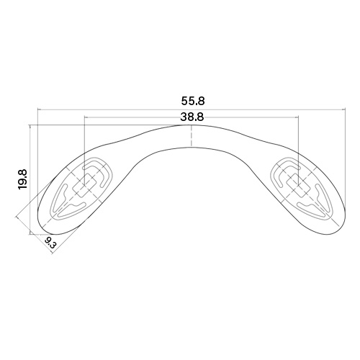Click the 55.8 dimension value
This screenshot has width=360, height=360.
(193, 101)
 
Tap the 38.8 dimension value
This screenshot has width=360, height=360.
(192, 117)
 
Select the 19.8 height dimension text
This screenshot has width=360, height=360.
(24, 179)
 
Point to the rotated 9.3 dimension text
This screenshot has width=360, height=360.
(50, 243)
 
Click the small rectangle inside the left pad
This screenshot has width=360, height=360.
(85, 186)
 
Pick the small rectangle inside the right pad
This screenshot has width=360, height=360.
(298, 185)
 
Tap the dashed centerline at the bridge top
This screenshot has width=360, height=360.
(191, 135)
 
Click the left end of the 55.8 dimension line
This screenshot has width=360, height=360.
(38, 109)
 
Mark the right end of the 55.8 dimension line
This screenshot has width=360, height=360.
(345, 109)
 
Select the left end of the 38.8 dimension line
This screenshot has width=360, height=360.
(85, 117)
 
